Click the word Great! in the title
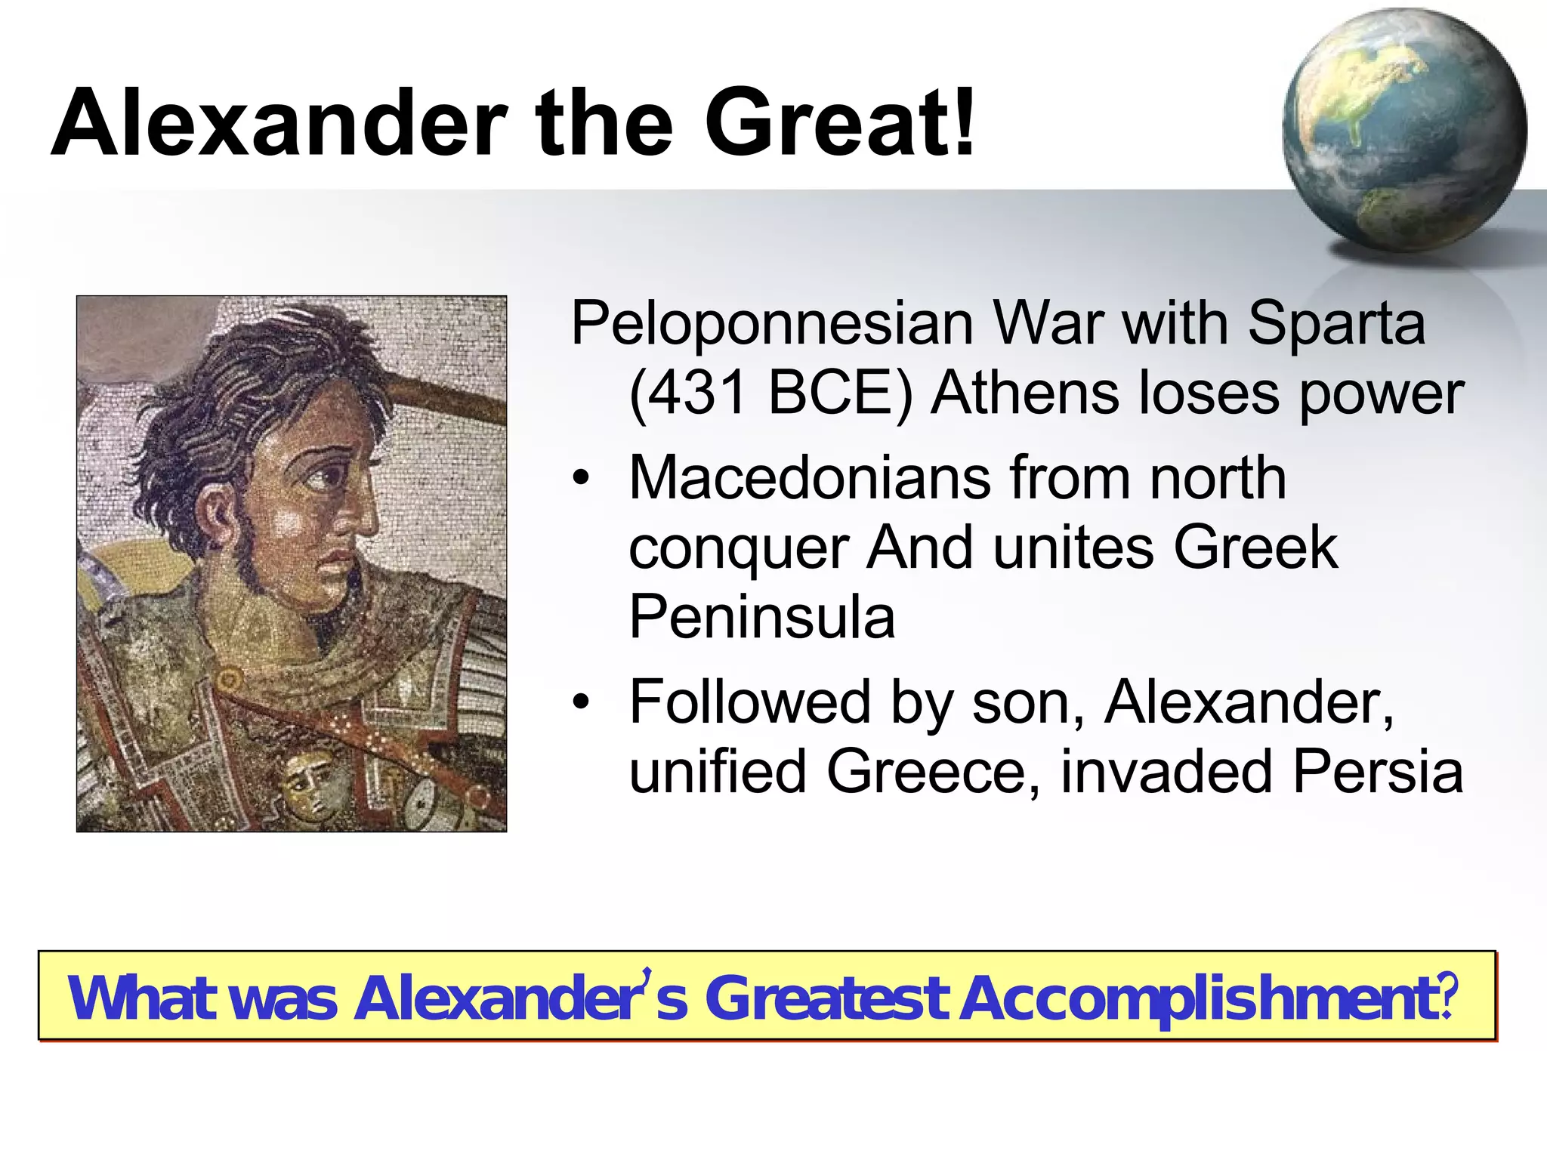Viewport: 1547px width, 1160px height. click(x=840, y=122)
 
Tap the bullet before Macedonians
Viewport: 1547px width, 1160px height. click(x=580, y=480)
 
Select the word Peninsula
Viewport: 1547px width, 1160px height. click(x=762, y=617)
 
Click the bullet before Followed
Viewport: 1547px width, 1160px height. click(x=580, y=702)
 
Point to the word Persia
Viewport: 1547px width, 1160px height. click(x=1378, y=772)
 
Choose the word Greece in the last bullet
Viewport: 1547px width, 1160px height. click(x=933, y=772)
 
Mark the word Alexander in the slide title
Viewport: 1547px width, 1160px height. click(x=279, y=122)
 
